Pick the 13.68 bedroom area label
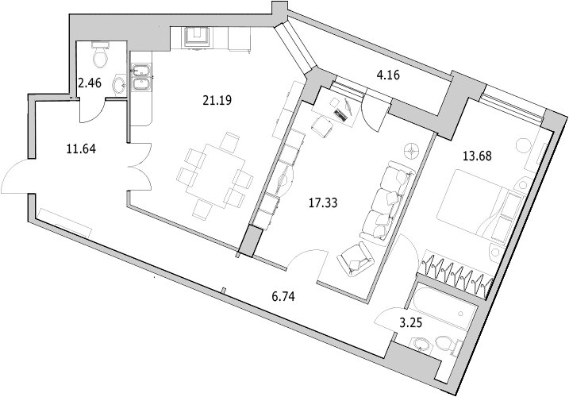(478, 156)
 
